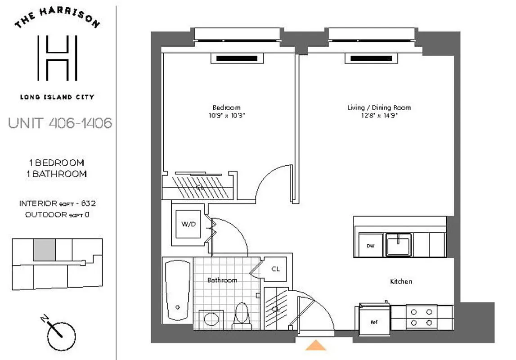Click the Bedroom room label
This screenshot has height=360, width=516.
pos(226,108)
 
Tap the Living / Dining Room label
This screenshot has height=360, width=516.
pos(379,108)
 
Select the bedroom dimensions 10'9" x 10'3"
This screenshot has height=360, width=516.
pos(226,115)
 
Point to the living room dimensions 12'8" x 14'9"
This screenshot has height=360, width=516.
pos(379,115)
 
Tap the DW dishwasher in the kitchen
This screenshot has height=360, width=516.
pos(370,246)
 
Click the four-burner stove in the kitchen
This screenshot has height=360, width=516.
pos(422,317)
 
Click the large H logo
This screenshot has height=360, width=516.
pos(57,57)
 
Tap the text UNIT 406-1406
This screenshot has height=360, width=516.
pos(60,123)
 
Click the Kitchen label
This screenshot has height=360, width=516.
pos(401,281)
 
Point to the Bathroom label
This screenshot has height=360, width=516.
pos(222,280)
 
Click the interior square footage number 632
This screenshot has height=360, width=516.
pos(88,203)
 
